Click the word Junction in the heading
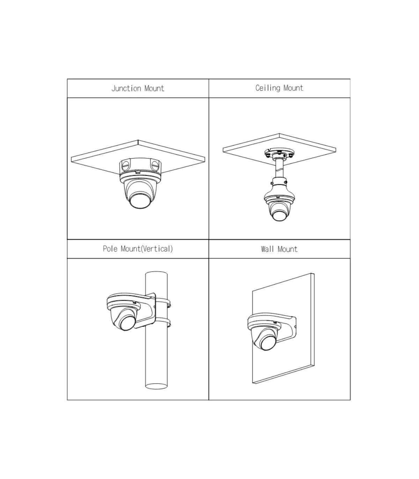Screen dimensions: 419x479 point(126,89)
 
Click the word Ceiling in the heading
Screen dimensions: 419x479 point(268,88)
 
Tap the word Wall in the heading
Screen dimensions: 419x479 point(267,249)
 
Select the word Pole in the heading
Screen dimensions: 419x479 point(110,249)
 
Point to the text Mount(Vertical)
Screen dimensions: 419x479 point(147,249)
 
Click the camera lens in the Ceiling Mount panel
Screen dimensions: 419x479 point(279,215)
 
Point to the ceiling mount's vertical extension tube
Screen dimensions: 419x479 point(279,169)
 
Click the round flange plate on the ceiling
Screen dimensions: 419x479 point(279,154)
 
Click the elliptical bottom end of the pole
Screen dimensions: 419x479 point(156,386)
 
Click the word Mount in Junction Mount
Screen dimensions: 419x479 point(154,89)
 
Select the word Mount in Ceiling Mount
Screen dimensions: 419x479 point(293,88)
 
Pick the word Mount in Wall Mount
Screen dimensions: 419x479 point(287,249)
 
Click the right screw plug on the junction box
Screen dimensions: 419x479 point(154,165)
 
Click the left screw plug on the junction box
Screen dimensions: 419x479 point(125,165)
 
